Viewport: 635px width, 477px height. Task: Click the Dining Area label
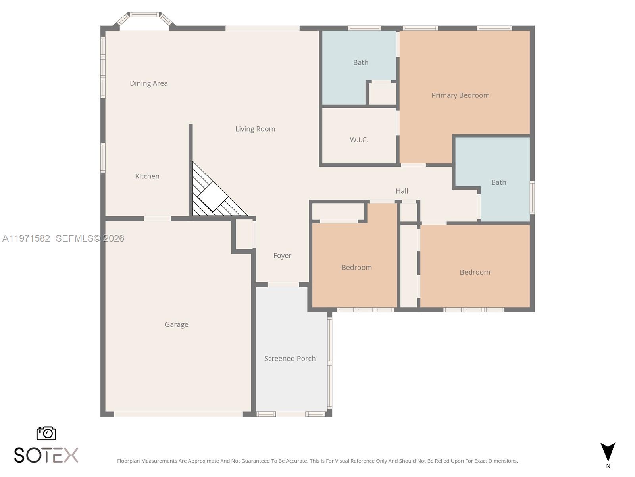149,83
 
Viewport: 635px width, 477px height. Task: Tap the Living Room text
255,129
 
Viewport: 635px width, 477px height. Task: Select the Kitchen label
147,176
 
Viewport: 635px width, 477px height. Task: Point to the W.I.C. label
359,140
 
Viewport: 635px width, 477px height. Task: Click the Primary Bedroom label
460,95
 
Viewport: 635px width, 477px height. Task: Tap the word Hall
402,191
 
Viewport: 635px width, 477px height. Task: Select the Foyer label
282,256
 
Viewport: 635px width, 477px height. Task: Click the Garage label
177,324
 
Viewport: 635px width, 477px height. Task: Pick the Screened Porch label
290,359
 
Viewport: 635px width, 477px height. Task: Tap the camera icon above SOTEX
46,433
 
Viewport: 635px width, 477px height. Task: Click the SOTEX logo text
46,455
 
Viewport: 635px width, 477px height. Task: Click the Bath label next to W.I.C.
361,62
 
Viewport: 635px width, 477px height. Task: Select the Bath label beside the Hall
498,182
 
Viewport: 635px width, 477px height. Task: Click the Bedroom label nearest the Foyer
357,268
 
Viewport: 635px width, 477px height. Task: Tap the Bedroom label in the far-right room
475,272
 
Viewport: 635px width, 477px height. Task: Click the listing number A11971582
26,238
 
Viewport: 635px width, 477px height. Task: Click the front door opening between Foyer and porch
283,285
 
